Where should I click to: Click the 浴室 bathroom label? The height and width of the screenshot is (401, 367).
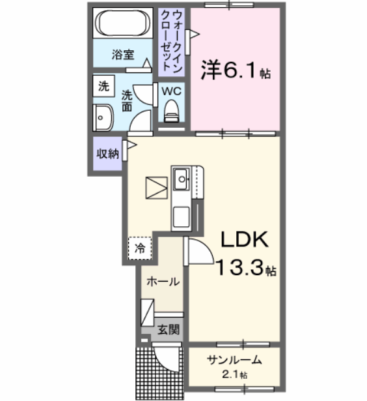122,55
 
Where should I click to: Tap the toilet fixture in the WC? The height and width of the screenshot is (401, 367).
172,111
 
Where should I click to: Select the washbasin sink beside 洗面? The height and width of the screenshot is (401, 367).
103,118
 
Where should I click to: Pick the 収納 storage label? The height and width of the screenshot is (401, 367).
107,154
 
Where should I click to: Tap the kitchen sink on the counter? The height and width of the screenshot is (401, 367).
180,177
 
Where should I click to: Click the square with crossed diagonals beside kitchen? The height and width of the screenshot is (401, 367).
156,187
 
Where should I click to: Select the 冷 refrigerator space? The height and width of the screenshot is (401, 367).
139,248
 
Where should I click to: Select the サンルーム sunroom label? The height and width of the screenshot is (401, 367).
234,360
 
